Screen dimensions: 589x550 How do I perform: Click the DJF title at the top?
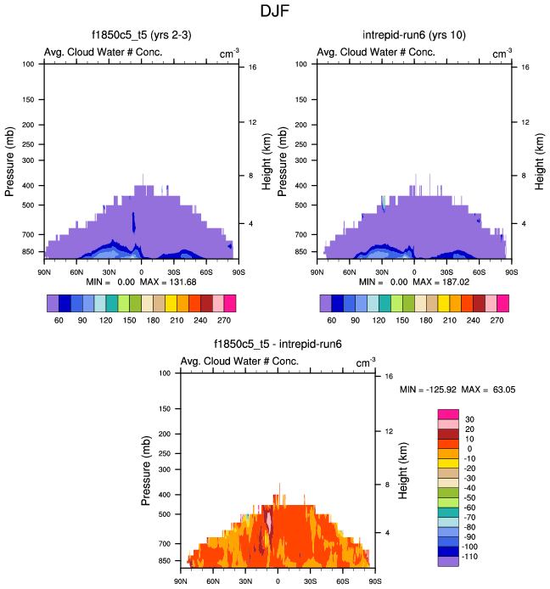tap(275, 14)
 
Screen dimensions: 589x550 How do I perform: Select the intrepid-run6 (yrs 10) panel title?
tap(412, 36)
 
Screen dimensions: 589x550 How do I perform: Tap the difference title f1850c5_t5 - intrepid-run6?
tap(278, 345)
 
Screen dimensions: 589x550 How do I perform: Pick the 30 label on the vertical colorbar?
tap(470, 419)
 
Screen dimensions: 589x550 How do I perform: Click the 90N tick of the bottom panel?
tap(181, 582)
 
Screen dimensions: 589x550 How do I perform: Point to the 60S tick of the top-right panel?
tap(479, 272)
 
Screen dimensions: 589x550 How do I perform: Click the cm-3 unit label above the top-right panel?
tap(502, 53)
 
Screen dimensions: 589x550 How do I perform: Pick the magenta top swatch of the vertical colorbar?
tap(448, 412)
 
